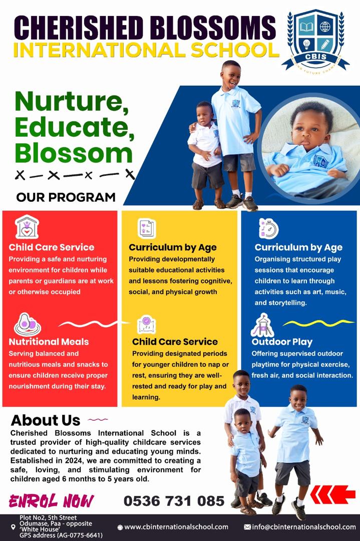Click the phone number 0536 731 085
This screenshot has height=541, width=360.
pos(174,501)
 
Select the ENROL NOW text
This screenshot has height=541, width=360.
pos(52,501)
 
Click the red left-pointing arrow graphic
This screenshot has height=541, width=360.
pos(333,494)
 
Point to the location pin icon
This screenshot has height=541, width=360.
pos(14,527)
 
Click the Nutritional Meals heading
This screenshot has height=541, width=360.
pos(49,342)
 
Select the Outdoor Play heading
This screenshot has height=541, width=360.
pos(282,342)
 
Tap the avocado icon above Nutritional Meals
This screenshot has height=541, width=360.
pos(27,324)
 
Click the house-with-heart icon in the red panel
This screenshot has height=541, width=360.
pos(27,227)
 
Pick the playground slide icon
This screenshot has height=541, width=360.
pos(262,325)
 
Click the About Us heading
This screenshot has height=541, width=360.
pos(46,420)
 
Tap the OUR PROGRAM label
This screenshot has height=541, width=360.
pos(66,197)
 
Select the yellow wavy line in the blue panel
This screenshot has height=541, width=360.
pos(318,323)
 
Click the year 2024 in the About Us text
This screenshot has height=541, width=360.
pos(73,461)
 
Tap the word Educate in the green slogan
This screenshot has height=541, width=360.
pos(74,128)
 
